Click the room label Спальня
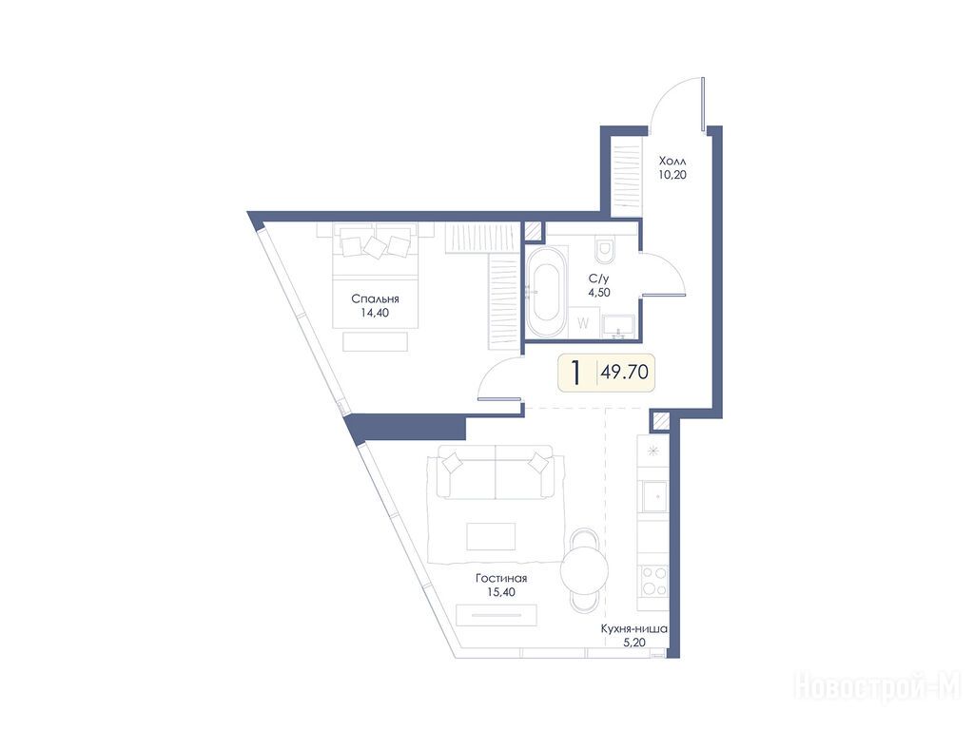tap(375, 299)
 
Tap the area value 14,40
tap(375, 313)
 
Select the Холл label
tap(672, 162)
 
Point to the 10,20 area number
tap(672, 175)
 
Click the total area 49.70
tap(624, 372)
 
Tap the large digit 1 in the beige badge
tap(576, 373)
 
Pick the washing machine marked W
tap(583, 323)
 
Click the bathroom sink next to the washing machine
tap(618, 327)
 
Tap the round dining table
tap(584, 571)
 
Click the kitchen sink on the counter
tap(653, 495)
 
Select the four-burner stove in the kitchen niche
tap(653, 581)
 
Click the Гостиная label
tap(501, 579)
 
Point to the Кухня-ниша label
tap(634, 629)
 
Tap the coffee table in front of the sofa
tap(491, 536)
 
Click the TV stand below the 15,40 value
tap(496, 615)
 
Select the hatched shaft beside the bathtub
tap(533, 231)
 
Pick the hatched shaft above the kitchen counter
tap(660, 422)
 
